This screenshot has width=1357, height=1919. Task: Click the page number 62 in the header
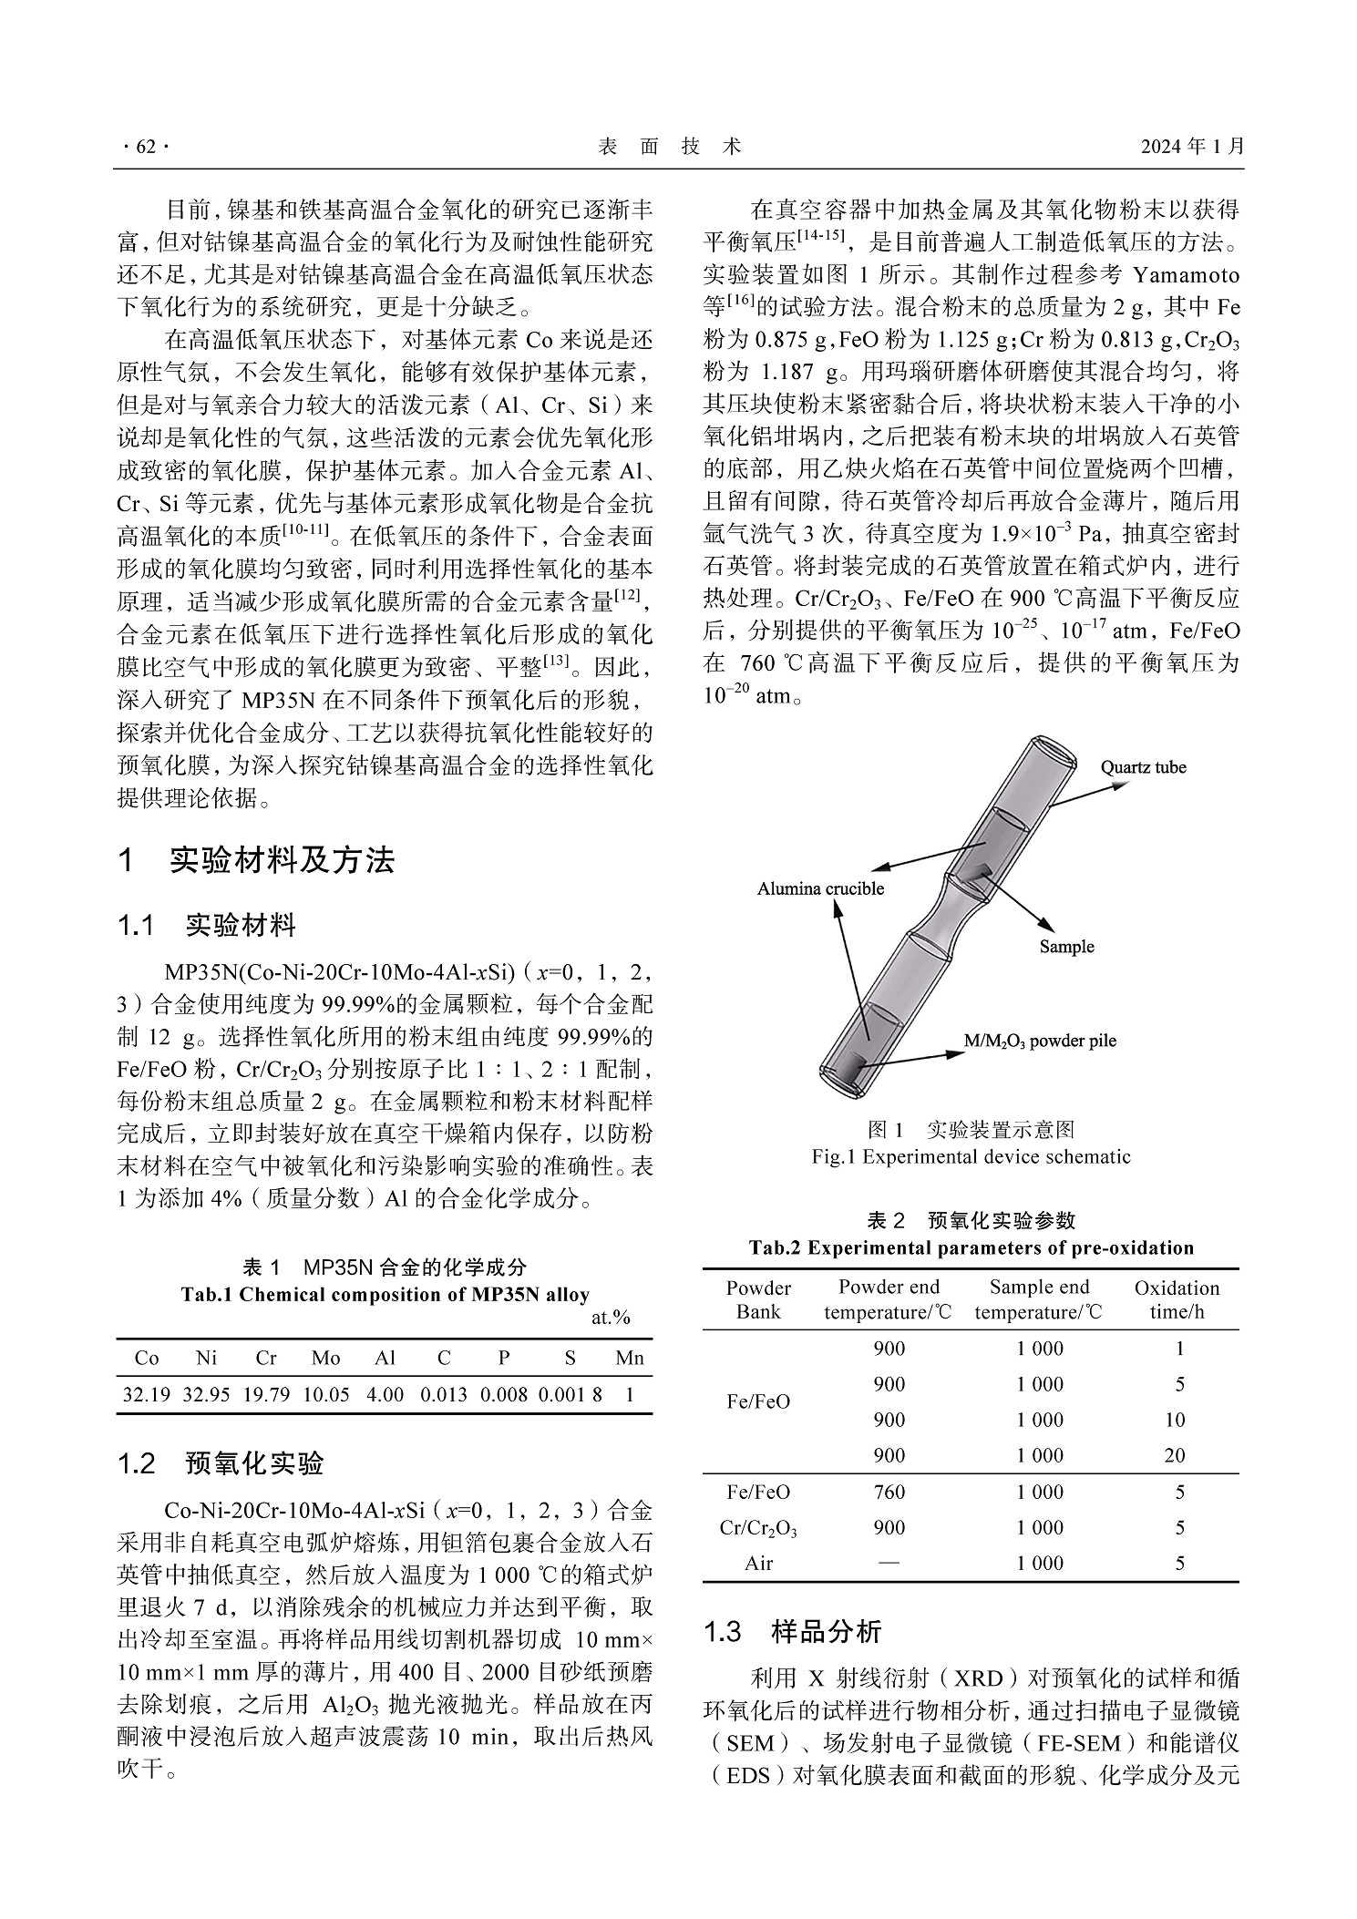145,147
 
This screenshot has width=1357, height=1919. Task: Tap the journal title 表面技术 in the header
669,147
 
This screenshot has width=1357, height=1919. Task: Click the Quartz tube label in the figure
1143,766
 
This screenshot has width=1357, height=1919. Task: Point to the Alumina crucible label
820,888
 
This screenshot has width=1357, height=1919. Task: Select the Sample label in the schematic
1066,947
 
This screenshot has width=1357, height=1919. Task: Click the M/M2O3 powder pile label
1040,1041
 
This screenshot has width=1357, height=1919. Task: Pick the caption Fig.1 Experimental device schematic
971,1157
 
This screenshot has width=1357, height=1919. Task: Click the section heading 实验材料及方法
283,860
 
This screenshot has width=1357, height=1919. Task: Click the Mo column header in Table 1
325,1359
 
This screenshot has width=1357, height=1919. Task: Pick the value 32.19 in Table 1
146,1394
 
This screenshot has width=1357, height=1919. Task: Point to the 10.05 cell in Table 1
325,1394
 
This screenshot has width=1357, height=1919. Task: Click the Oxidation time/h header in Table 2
1177,1299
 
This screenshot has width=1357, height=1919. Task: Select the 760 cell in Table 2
889,1492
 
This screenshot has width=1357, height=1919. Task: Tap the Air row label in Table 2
758,1563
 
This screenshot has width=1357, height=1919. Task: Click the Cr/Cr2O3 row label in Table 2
758,1528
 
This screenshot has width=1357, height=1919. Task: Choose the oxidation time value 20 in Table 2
1175,1455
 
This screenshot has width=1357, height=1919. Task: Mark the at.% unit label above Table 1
611,1318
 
